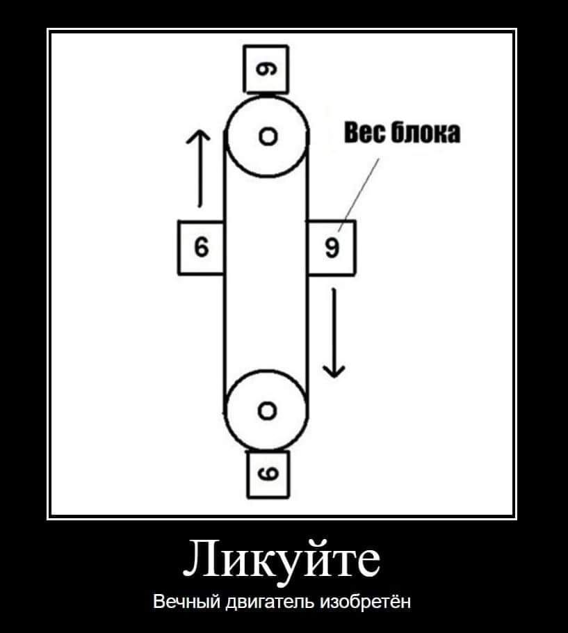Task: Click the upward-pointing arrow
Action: (199, 167)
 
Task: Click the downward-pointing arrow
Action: (334, 332)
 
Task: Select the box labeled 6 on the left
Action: (201, 248)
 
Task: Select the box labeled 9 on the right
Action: (332, 248)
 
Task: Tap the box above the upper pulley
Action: (266, 69)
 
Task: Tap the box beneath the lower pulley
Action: (268, 474)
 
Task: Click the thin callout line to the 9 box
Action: (359, 193)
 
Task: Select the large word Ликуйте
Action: (283, 559)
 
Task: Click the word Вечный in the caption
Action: (184, 600)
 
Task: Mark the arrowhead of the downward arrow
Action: (334, 370)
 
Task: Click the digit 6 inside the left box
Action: (201, 248)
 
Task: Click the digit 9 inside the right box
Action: (332, 248)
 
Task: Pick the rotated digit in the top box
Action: (266, 69)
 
